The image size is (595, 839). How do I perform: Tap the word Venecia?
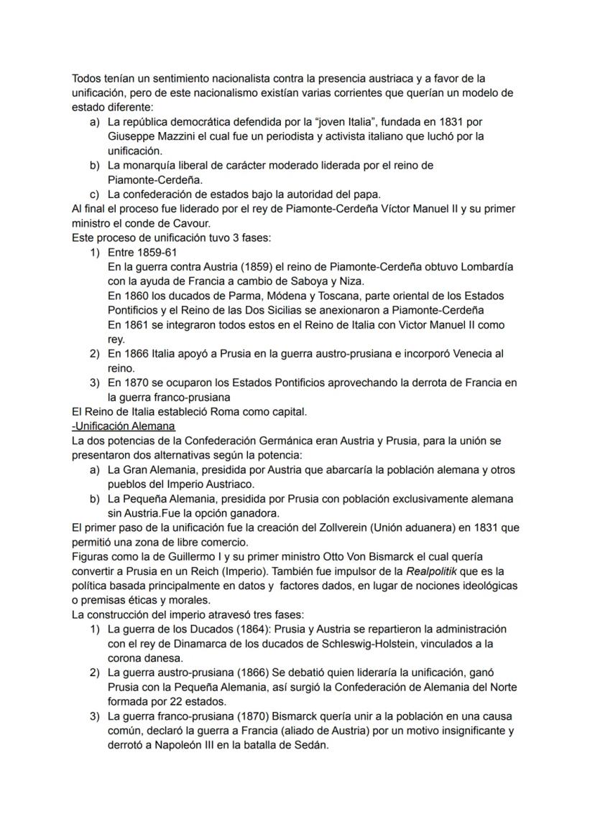471,354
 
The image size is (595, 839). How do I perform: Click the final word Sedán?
308,745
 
